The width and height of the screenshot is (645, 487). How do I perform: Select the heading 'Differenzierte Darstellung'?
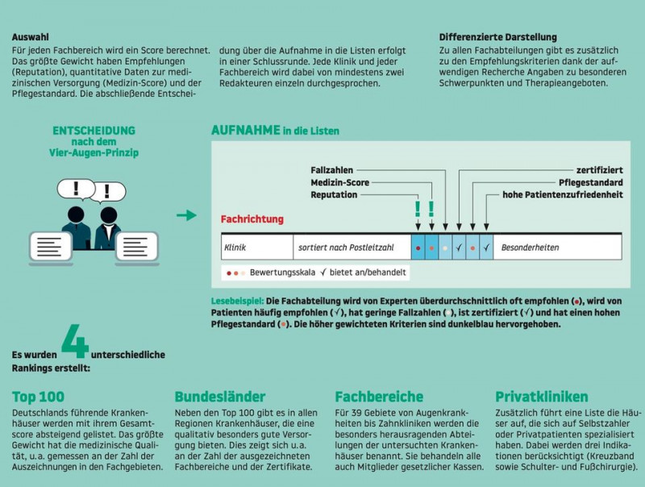pyautogui.click(x=498, y=37)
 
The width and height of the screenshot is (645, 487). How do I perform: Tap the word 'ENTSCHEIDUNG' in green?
pyautogui.click(x=94, y=130)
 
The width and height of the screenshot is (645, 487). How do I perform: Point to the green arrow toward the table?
pyautogui.click(x=186, y=215)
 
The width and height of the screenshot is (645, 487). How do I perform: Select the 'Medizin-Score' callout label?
pyautogui.click(x=339, y=183)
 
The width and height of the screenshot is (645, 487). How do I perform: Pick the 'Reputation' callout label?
pyautogui.click(x=334, y=195)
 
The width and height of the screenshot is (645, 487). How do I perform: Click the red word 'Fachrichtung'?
pyautogui.click(x=252, y=219)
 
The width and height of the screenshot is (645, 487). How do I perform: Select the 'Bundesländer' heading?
pyautogui.click(x=220, y=396)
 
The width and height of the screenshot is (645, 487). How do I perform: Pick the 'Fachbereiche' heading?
pyautogui.click(x=379, y=396)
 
